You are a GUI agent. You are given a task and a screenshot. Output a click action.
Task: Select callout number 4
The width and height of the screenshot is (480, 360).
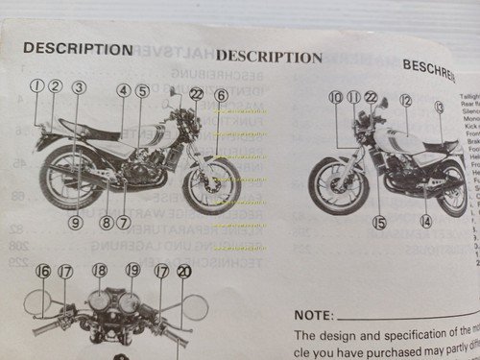pos(124,92)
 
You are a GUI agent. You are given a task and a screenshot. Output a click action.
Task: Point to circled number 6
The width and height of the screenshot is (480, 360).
pos(220,95)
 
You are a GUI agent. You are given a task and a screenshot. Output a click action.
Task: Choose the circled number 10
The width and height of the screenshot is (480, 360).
pos(335,98)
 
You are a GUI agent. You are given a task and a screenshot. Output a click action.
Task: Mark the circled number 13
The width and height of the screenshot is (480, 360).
pos(439,107)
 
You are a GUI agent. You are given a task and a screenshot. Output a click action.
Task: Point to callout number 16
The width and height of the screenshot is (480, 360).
pos(43,272)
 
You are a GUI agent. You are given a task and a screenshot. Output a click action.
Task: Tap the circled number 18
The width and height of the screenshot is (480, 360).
pos(100,272)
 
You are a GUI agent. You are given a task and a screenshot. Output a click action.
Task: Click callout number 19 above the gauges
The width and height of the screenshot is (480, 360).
pos(132,272)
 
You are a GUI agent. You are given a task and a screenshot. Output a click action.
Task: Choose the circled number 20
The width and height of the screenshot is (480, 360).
pos(183,272)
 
